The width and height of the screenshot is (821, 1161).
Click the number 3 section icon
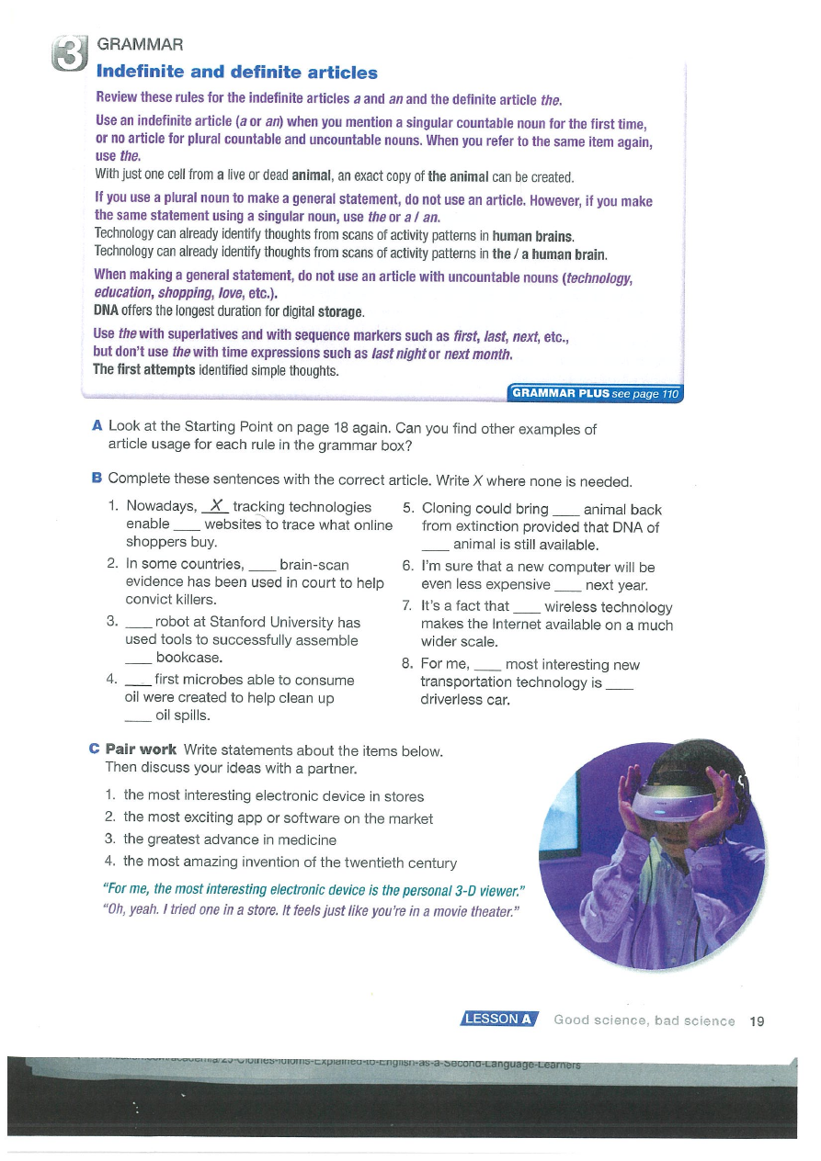(71, 54)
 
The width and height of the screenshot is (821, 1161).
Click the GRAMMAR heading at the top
(140, 44)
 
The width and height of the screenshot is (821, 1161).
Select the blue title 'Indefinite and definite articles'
(237, 72)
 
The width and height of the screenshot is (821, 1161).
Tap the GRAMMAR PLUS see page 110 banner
(596, 394)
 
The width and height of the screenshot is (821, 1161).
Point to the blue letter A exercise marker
(97, 427)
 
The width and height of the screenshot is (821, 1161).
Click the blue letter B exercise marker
(97, 479)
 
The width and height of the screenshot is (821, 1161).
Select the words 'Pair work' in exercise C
(142, 750)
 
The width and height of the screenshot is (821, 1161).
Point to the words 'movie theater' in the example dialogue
(472, 910)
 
